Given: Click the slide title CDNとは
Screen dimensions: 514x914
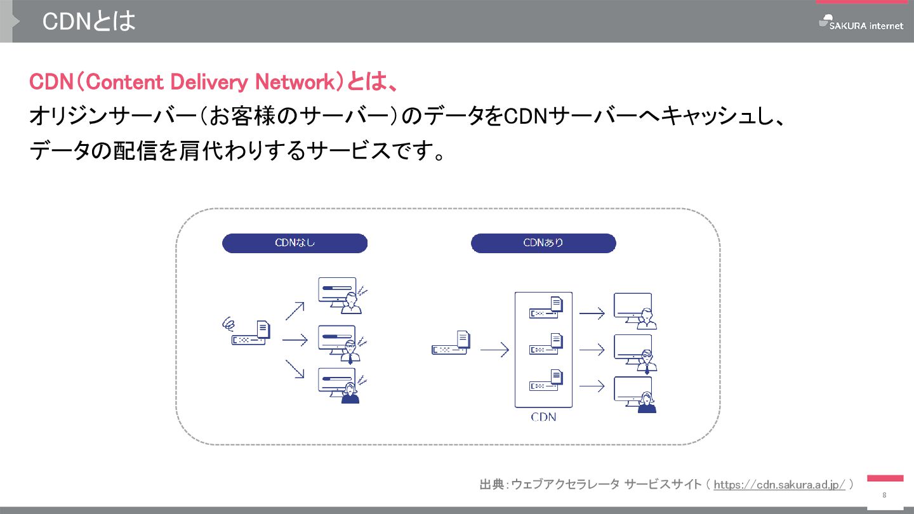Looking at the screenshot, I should pyautogui.click(x=89, y=22).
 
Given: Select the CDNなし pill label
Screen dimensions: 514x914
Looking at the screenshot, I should pyautogui.click(x=295, y=243).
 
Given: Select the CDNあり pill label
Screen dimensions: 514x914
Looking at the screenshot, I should pyautogui.click(x=543, y=243).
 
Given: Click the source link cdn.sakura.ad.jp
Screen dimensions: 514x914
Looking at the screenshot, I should pyautogui.click(x=779, y=485).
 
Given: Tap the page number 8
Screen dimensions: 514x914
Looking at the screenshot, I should pyautogui.click(x=884, y=495).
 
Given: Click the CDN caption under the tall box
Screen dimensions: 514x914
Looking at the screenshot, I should pyautogui.click(x=543, y=417).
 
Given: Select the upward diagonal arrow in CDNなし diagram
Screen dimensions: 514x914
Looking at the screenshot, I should pyautogui.click(x=295, y=310).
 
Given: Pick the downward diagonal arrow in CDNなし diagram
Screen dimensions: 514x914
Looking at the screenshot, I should pyautogui.click(x=295, y=369).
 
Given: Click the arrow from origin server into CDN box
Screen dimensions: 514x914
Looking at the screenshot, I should pyautogui.click(x=494, y=350).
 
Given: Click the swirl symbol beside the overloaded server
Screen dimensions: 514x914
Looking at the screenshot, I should pyautogui.click(x=228, y=324).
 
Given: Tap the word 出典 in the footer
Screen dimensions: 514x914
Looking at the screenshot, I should pyautogui.click(x=491, y=485).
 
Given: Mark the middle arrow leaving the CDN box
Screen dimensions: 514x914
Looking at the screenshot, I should pyautogui.click(x=592, y=350).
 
